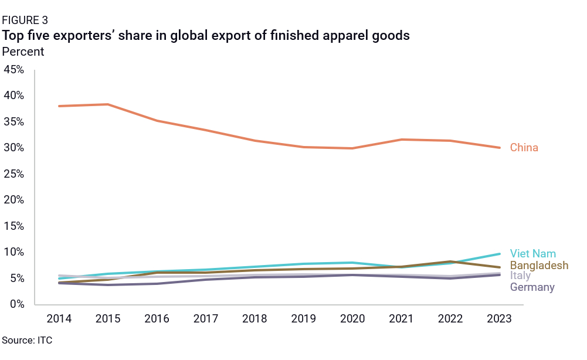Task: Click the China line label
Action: click(524, 148)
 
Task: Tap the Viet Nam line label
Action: click(532, 254)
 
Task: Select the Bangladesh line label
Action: click(539, 266)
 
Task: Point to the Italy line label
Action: click(520, 276)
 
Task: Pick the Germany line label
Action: click(532, 287)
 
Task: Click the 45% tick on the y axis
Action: click(14, 70)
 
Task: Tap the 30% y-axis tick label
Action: click(14, 148)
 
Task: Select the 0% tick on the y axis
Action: click(16, 304)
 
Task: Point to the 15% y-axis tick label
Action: click(14, 226)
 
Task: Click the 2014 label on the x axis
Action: click(59, 319)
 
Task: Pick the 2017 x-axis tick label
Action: click(206, 319)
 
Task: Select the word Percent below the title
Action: click(23, 52)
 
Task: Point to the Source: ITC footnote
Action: click(27, 340)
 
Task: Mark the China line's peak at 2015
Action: click(108, 104)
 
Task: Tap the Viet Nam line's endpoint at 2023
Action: click(500, 254)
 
